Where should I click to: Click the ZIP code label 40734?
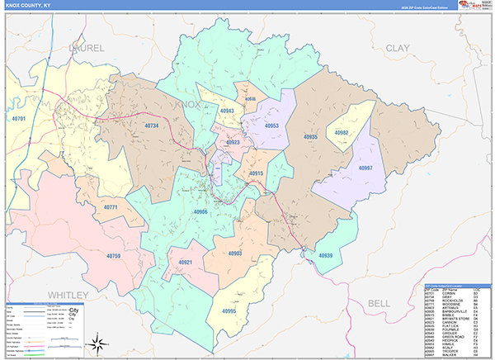tap(151, 126)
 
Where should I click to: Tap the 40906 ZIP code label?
tap(200, 212)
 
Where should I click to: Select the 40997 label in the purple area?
tap(365, 168)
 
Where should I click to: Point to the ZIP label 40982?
tap(341, 132)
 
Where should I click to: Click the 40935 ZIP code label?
tap(310, 136)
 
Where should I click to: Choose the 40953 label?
tap(271, 126)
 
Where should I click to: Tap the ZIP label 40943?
tap(227, 111)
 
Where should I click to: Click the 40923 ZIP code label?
tap(233, 143)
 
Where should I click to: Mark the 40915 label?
tap(256, 173)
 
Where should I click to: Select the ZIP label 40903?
tap(234, 253)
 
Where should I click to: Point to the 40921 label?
tap(185, 263)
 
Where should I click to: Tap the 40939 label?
tap(325, 256)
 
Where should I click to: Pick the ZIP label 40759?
tap(113, 256)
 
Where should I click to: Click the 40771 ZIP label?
tap(111, 206)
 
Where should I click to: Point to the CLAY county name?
tap(397, 49)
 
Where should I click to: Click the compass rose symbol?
tap(97, 343)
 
